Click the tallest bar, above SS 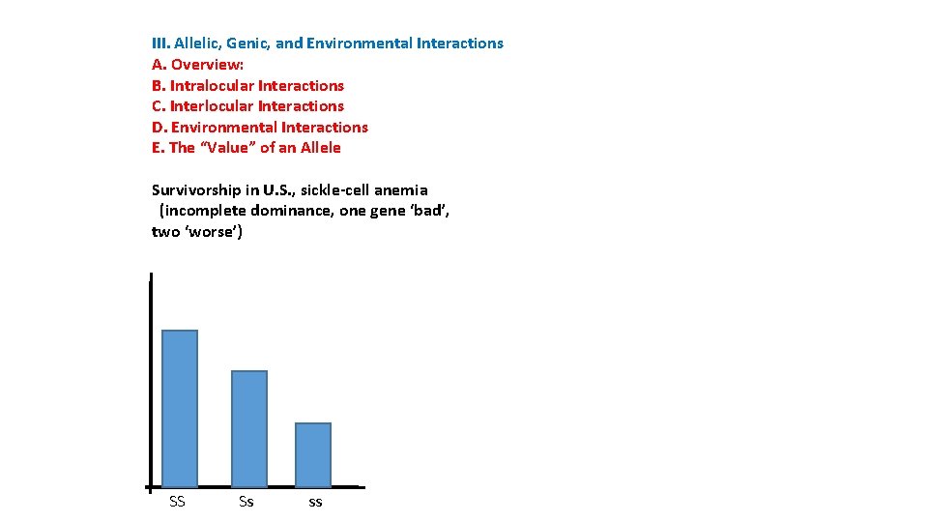pyautogui.click(x=180, y=408)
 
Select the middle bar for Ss pyautogui.click(x=249, y=428)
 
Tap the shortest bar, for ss pyautogui.click(x=313, y=454)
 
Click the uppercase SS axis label pyautogui.click(x=177, y=501)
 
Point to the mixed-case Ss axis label pyautogui.click(x=246, y=501)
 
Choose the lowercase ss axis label pyautogui.click(x=315, y=502)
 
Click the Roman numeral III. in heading pyautogui.click(x=160, y=43)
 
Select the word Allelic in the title pyautogui.click(x=197, y=43)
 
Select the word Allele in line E pyautogui.click(x=320, y=148)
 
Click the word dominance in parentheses pyautogui.click(x=291, y=211)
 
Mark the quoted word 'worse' pyautogui.click(x=213, y=232)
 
